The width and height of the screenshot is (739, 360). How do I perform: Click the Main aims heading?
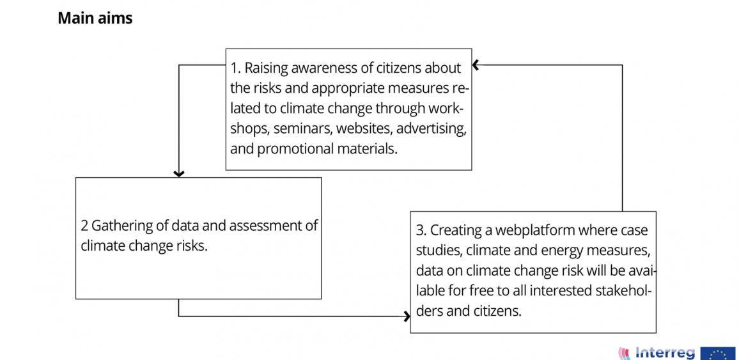click(x=95, y=19)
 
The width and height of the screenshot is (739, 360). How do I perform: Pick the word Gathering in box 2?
click(x=117, y=226)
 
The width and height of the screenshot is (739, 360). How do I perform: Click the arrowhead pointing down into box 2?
click(x=178, y=173)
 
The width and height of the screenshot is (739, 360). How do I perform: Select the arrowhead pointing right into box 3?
click(x=407, y=316)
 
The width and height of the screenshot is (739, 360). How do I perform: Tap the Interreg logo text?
click(x=665, y=353)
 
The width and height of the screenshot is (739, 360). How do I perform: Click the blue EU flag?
click(x=718, y=354)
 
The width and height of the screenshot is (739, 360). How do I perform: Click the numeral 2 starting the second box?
click(x=84, y=226)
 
